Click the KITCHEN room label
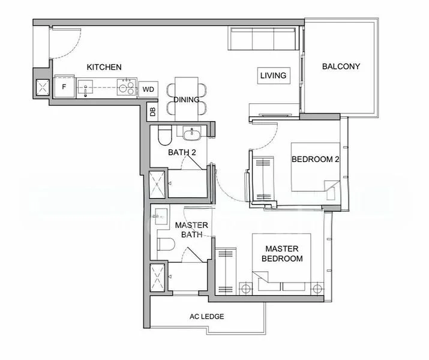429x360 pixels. pos(104,67)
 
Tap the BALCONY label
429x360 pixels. pos(341,67)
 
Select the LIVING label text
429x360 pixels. pos(273,76)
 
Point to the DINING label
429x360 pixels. pos(187,100)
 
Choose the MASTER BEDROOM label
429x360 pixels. pos(283,253)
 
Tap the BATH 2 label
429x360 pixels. pos(182,152)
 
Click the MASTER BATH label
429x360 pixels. pos(191,230)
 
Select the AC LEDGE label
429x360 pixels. pos(206,316)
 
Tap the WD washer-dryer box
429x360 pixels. pos(148,90)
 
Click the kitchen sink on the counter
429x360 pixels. pos(87,88)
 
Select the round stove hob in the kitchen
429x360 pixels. pos(125,88)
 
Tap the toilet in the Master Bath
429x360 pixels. pos(164,244)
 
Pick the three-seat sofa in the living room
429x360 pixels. pos(263,39)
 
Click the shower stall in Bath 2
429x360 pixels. pos(158,185)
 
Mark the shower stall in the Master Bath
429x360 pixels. pos(158,277)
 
